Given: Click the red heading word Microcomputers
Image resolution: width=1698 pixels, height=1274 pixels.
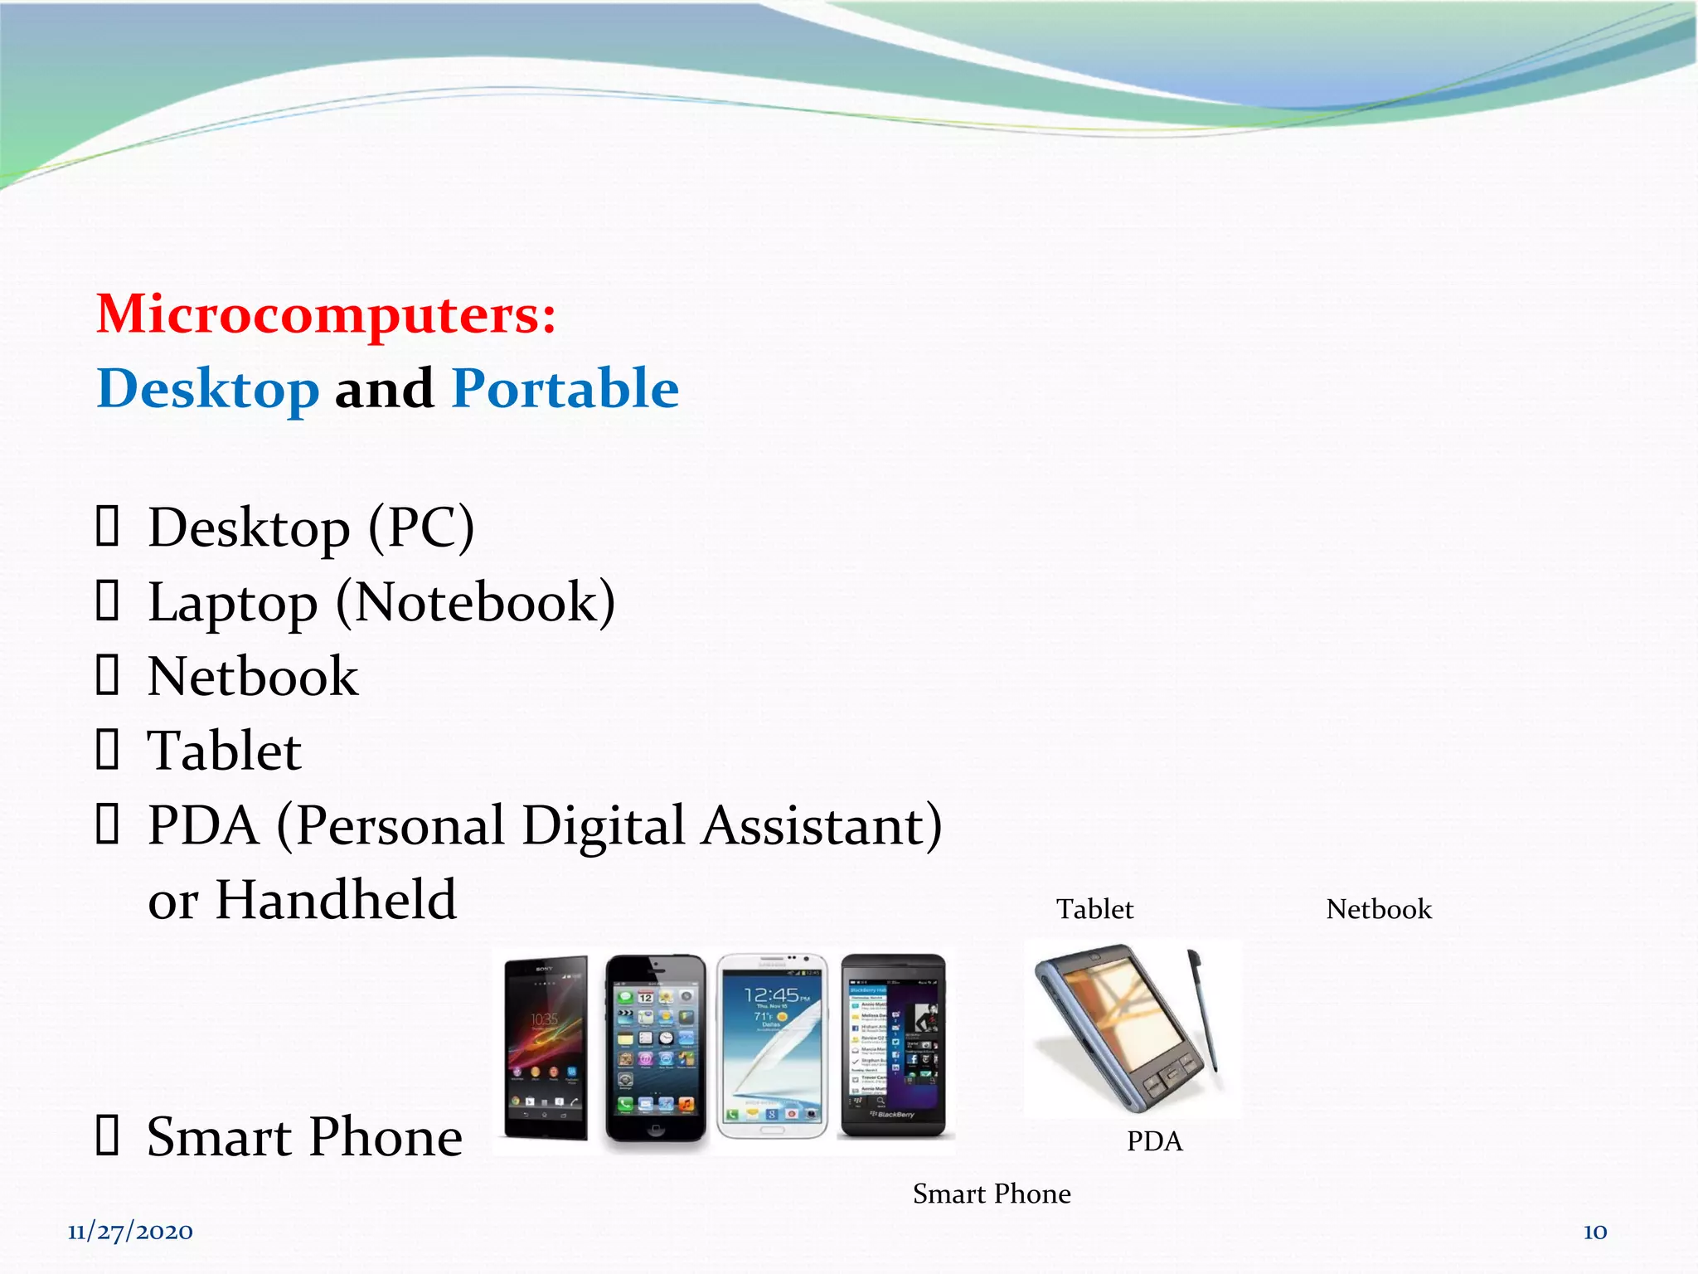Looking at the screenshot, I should [x=325, y=315].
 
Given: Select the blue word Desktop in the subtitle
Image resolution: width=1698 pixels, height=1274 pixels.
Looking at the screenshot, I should [x=208, y=389].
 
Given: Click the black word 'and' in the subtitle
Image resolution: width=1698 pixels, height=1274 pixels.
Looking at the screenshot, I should [x=384, y=389].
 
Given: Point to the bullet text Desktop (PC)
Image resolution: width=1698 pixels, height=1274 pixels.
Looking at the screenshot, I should [x=310, y=528].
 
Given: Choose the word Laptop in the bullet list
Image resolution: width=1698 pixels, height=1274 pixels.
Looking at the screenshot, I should [x=232, y=603].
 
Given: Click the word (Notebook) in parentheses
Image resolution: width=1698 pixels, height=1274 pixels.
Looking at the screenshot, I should [x=476, y=603].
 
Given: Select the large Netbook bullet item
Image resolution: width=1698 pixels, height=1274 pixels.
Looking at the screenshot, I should [x=252, y=677].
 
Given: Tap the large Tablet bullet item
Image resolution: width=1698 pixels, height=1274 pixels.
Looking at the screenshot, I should [x=224, y=751].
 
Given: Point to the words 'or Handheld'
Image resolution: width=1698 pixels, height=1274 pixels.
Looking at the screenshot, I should [x=302, y=900].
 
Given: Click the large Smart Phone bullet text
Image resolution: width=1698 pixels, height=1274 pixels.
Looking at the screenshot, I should [x=304, y=1137].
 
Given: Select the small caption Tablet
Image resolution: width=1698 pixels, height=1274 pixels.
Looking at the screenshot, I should [x=1094, y=909].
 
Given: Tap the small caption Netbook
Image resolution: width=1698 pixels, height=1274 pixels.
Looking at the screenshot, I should [x=1379, y=909].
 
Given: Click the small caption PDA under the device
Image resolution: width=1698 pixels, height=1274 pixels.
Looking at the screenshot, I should [x=1154, y=1141].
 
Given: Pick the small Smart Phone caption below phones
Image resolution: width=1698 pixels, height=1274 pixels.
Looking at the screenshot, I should [x=992, y=1194].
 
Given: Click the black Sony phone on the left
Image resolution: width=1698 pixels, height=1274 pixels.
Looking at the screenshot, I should [x=546, y=1047].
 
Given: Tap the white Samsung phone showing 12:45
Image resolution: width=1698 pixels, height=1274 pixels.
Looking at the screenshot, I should [x=772, y=1047].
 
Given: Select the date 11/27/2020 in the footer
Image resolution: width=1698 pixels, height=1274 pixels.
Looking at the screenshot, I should [x=130, y=1232].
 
